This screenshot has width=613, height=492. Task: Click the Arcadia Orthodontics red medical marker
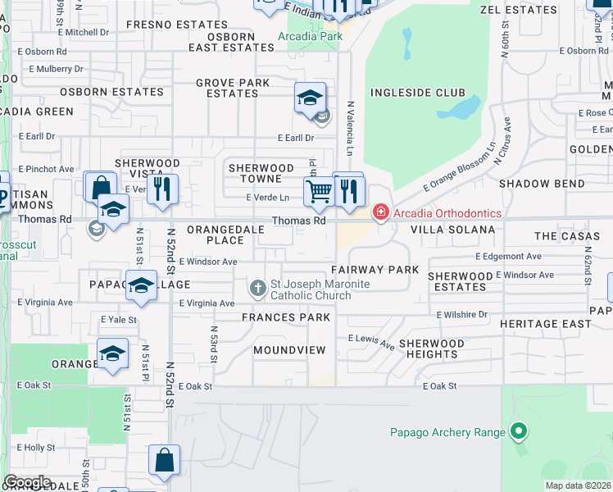click(x=380, y=213)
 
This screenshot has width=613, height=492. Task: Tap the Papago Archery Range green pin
click(x=517, y=430)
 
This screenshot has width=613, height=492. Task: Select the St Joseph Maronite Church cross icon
click(x=258, y=288)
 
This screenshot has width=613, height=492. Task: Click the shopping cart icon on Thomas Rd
click(x=318, y=192)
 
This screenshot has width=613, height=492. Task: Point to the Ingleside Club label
click(x=418, y=93)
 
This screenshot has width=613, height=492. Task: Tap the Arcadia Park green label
click(x=310, y=37)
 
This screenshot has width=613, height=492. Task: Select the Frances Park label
click(x=286, y=317)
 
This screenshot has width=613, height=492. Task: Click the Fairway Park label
click(x=375, y=270)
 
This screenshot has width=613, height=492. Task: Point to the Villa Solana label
click(x=452, y=230)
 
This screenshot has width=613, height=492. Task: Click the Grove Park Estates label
click(x=233, y=89)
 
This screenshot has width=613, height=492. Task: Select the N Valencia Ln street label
click(x=350, y=128)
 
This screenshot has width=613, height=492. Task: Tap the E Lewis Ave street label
click(x=371, y=341)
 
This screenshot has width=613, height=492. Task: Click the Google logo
click(x=27, y=482)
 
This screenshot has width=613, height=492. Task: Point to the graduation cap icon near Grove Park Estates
click(x=311, y=98)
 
